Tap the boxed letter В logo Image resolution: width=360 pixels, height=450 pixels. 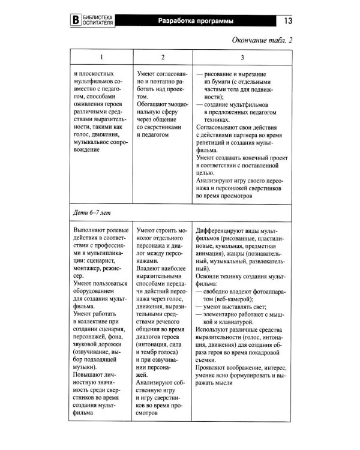coord(76,20)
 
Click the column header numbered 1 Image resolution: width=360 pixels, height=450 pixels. coord(100,58)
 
